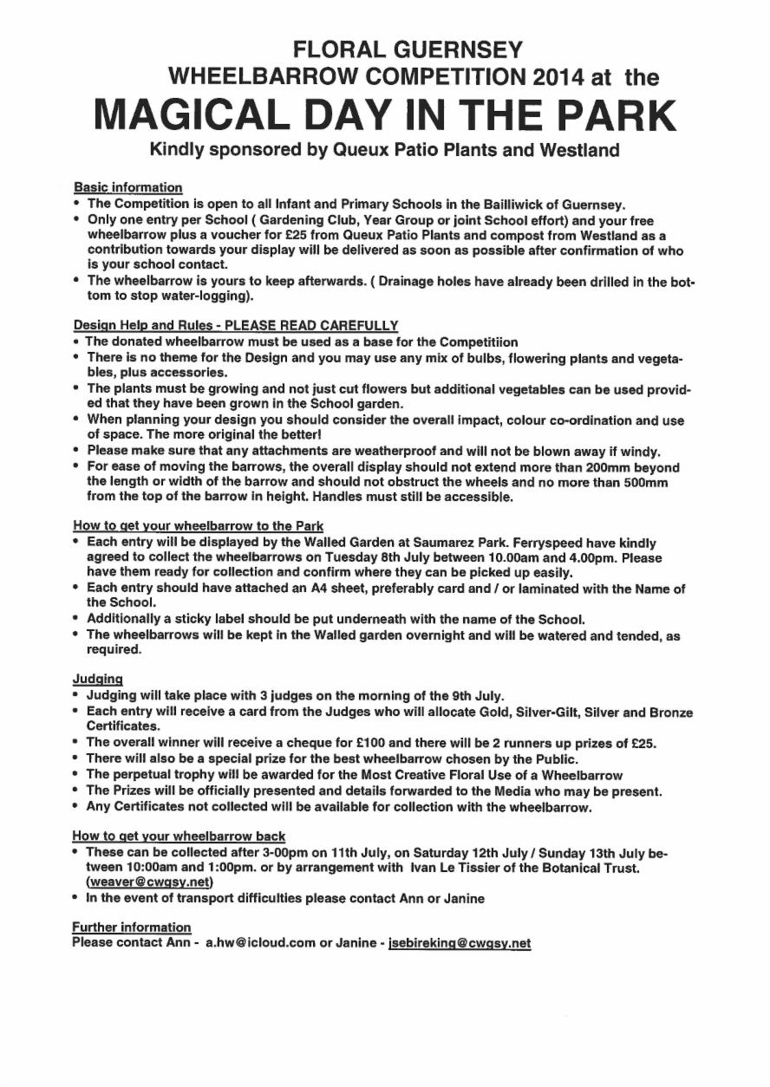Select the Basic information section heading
point(128,187)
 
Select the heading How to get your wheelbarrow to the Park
point(199,526)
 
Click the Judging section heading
point(97,679)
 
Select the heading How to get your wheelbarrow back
point(179,836)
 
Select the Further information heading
point(131,928)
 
